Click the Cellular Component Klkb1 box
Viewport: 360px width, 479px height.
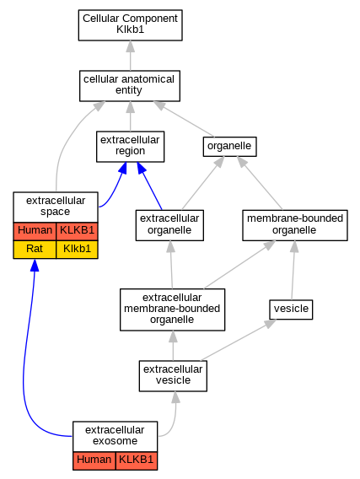click(x=131, y=25)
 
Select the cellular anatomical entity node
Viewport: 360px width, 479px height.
click(x=130, y=86)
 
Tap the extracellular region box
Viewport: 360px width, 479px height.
click(x=131, y=147)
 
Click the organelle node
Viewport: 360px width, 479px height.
click(x=230, y=147)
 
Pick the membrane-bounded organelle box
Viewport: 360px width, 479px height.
click(x=295, y=225)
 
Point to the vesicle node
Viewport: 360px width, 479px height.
click(x=291, y=309)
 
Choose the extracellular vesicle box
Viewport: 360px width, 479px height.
click(x=173, y=376)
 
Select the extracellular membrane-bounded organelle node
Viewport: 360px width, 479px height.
click(x=173, y=309)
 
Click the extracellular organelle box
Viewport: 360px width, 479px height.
click(x=169, y=225)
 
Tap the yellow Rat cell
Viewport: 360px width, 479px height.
click(x=35, y=250)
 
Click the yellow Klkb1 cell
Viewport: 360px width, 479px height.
click(x=77, y=250)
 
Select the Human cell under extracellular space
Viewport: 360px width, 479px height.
click(x=35, y=231)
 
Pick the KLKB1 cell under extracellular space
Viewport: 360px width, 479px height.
click(x=77, y=231)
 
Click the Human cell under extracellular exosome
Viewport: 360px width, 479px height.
click(x=94, y=460)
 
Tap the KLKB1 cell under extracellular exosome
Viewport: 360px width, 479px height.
click(x=137, y=460)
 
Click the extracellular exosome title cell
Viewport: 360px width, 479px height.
click(x=116, y=437)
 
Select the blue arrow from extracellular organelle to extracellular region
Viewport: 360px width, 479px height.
click(x=149, y=186)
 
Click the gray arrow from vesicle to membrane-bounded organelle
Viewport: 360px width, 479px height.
click(x=293, y=271)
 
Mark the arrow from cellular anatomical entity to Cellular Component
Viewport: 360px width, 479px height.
click(x=131, y=56)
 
